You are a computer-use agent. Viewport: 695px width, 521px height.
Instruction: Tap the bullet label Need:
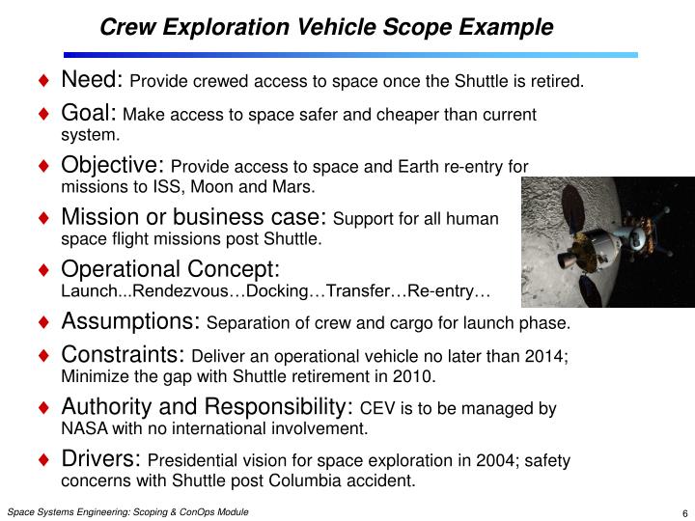click(x=92, y=79)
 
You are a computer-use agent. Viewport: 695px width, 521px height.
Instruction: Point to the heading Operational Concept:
click(x=170, y=268)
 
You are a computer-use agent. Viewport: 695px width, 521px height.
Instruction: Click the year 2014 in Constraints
click(x=547, y=357)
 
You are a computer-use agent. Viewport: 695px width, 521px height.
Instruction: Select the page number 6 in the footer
click(x=682, y=512)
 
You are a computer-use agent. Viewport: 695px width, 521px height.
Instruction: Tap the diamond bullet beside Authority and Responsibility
click(x=44, y=407)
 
